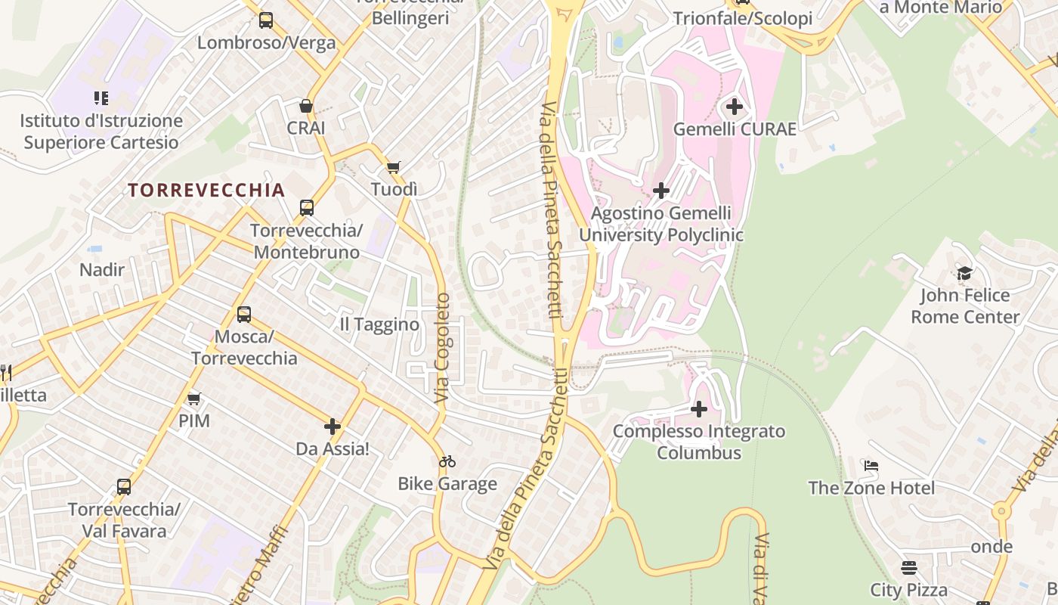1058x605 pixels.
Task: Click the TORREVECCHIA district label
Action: (x=206, y=190)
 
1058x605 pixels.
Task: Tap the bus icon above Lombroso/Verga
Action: (x=265, y=20)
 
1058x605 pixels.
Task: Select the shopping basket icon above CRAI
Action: (x=306, y=106)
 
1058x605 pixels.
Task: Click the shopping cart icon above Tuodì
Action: (x=393, y=167)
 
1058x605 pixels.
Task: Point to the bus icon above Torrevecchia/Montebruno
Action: (x=306, y=207)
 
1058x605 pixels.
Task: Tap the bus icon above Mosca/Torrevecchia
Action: (x=243, y=314)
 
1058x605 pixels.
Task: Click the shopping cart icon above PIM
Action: (x=194, y=399)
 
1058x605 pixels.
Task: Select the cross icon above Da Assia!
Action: (x=333, y=427)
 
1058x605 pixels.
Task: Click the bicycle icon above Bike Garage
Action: (x=447, y=461)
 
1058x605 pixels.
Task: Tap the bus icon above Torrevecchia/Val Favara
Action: (x=124, y=487)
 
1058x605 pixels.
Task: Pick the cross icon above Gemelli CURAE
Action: (x=734, y=107)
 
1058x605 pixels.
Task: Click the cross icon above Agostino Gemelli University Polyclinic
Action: (x=661, y=191)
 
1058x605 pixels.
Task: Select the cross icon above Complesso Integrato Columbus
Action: (x=699, y=409)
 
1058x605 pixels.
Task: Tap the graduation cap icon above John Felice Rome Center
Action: (x=964, y=273)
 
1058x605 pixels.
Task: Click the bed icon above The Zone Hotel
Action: (x=871, y=466)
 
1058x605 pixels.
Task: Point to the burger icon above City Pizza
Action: (x=909, y=567)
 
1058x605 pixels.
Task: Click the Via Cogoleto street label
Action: (x=443, y=348)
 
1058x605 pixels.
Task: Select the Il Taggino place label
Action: (x=379, y=324)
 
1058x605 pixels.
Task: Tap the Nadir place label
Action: (x=102, y=269)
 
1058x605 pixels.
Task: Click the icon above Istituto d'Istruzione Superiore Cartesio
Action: (x=101, y=98)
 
